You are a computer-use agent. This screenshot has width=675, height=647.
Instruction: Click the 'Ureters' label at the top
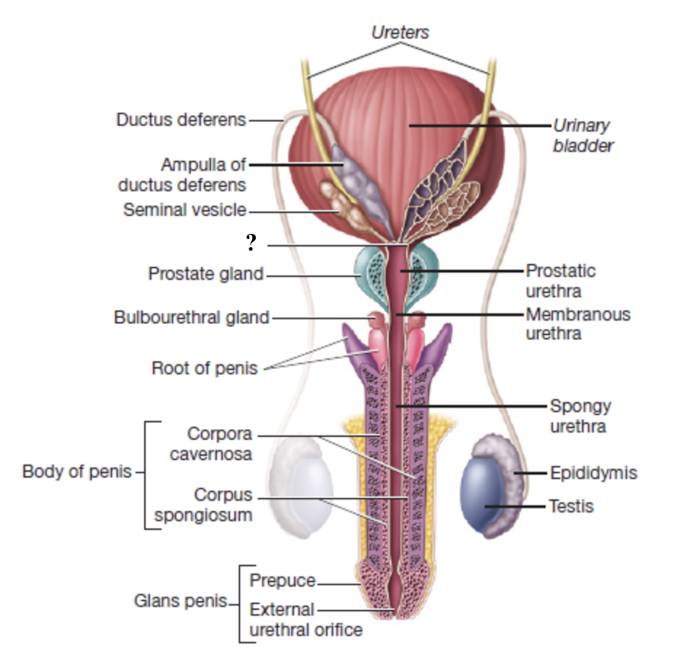pyautogui.click(x=400, y=32)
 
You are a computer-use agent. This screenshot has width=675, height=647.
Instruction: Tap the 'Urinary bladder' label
pyautogui.click(x=583, y=135)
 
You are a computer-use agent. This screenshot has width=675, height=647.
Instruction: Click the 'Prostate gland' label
pyautogui.click(x=205, y=274)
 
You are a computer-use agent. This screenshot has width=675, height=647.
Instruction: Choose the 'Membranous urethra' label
pyautogui.click(x=577, y=324)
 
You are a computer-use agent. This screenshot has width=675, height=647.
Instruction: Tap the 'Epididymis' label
pyautogui.click(x=593, y=473)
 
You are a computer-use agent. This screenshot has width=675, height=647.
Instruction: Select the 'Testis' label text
pyautogui.click(x=572, y=505)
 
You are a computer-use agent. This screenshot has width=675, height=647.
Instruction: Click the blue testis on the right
pyautogui.click(x=486, y=492)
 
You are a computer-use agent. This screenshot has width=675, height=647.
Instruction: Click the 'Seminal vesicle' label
pyautogui.click(x=184, y=210)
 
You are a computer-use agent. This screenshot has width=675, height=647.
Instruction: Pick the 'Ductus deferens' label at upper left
pyautogui.click(x=181, y=120)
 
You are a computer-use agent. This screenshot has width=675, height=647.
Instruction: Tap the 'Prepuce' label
pyautogui.click(x=283, y=581)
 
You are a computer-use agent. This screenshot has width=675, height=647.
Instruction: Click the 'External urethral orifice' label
pyautogui.click(x=306, y=620)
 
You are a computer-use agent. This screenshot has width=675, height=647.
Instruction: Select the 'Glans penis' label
pyautogui.click(x=180, y=601)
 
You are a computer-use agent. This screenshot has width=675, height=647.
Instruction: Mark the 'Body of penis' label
pyautogui.click(x=77, y=472)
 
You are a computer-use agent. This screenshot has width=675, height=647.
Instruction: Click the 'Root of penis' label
pyautogui.click(x=204, y=368)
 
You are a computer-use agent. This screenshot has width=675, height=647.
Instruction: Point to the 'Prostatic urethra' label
pyautogui.click(x=560, y=281)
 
